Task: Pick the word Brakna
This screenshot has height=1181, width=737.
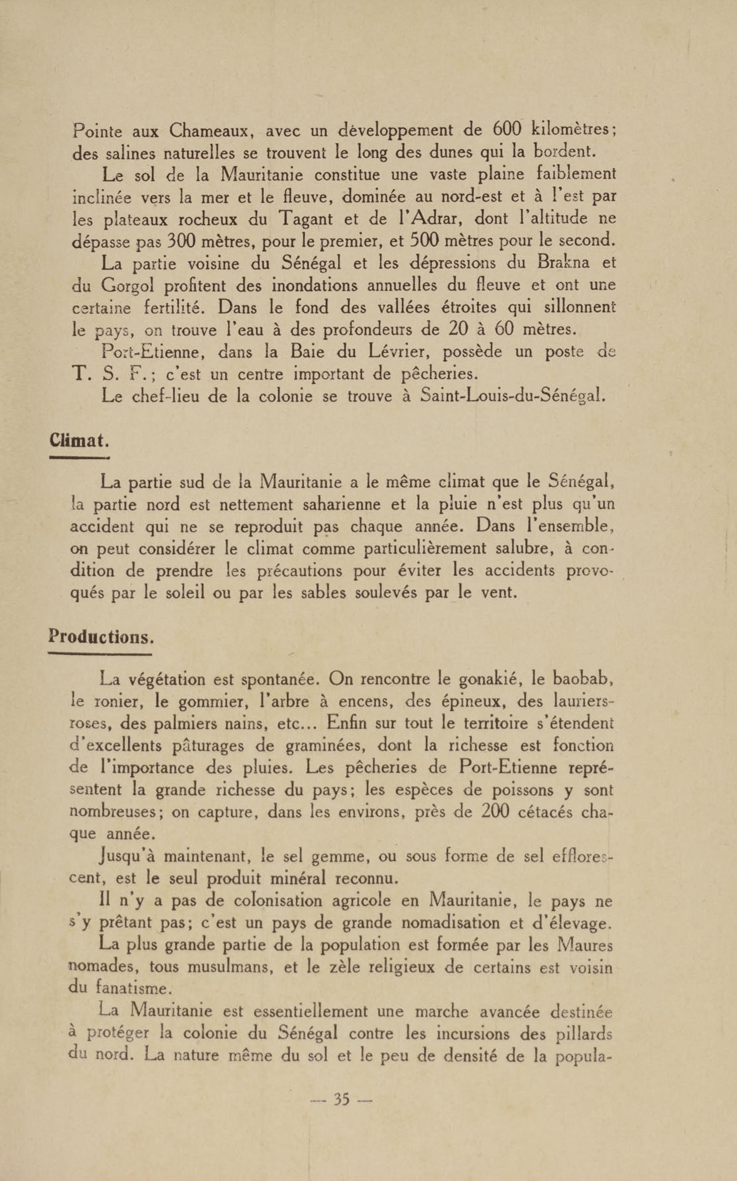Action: click(x=563, y=263)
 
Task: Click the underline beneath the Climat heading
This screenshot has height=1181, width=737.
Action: click(x=80, y=458)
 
